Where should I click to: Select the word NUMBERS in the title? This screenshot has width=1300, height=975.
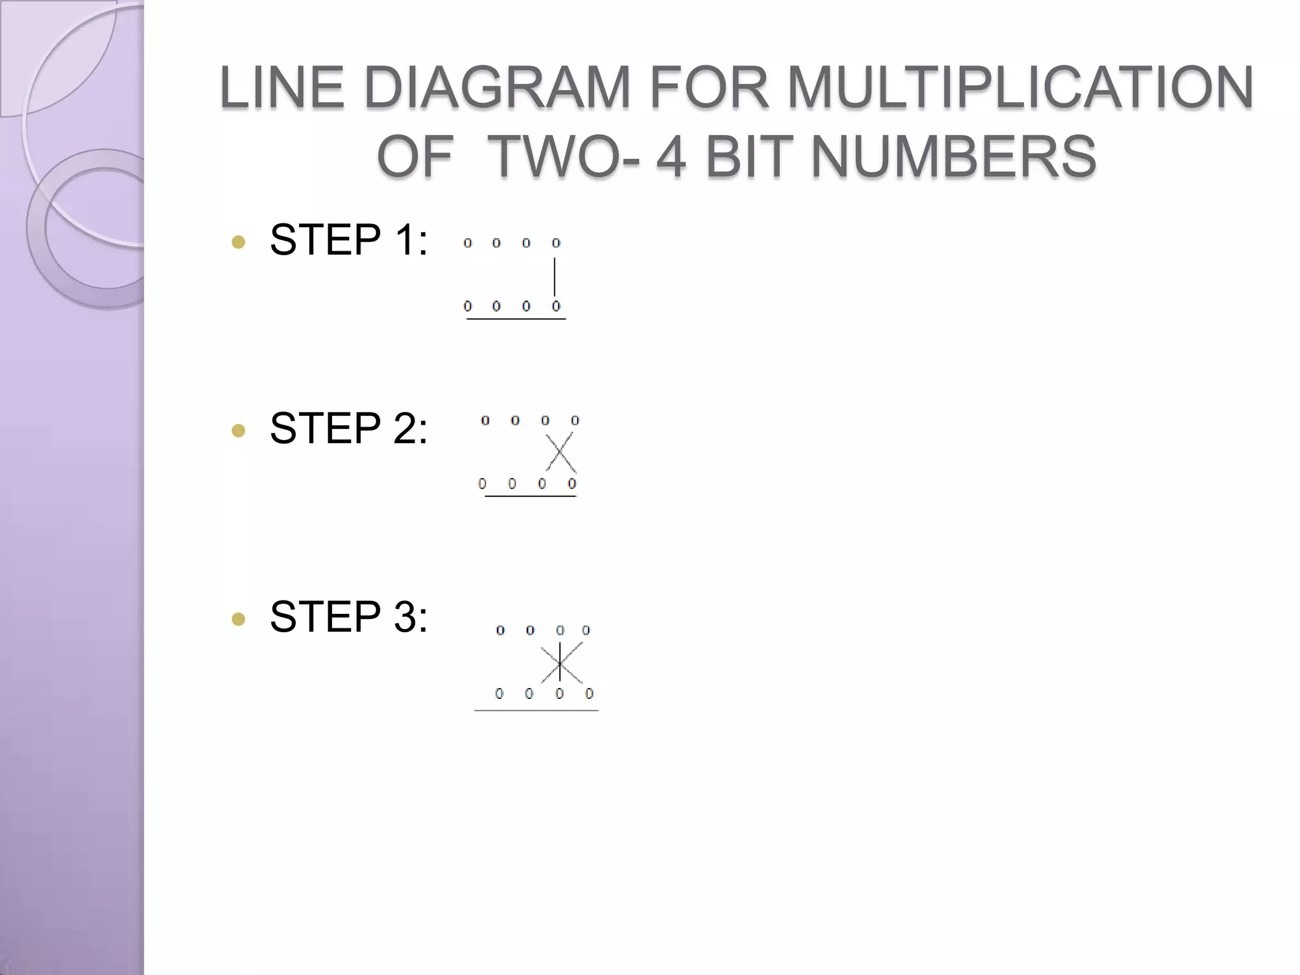tap(953, 157)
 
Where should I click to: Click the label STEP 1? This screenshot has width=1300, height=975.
tap(348, 240)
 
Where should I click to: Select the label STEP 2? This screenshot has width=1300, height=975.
tap(348, 428)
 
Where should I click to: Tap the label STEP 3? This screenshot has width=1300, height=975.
tap(348, 617)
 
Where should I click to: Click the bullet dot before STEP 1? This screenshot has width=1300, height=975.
tap(239, 242)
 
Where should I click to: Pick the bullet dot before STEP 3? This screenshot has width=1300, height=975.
tap(239, 619)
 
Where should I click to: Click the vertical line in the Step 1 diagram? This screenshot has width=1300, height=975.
tap(555, 277)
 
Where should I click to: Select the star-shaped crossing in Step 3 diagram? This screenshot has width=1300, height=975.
tap(560, 663)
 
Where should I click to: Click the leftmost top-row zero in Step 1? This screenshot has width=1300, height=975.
tap(468, 243)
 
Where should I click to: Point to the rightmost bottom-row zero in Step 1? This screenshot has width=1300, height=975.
tap(556, 307)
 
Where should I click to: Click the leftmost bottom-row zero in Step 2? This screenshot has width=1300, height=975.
tap(482, 484)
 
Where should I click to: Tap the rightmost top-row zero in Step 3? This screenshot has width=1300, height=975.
tap(586, 630)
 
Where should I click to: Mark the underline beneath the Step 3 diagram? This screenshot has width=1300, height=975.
tap(536, 710)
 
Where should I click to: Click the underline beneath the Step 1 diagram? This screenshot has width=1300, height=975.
tap(516, 319)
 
